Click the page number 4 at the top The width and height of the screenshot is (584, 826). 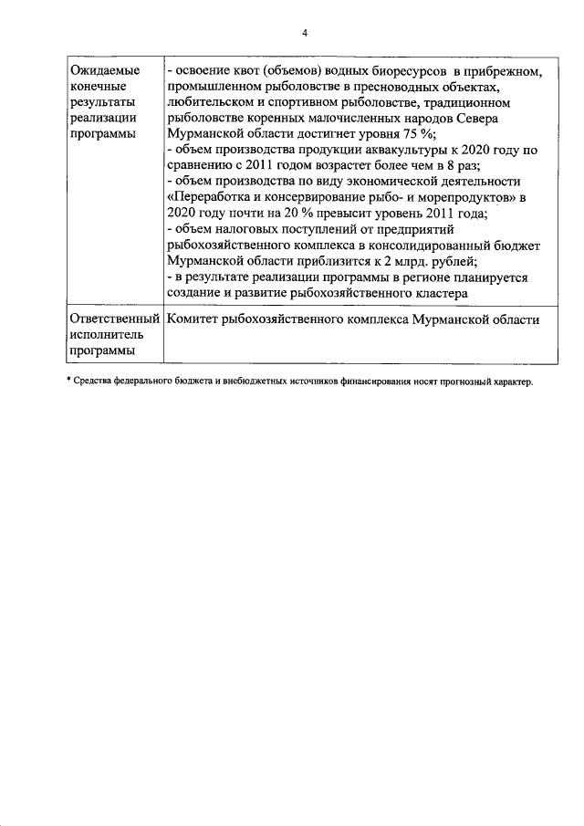[305, 33]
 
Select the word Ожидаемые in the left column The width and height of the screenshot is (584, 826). [100, 70]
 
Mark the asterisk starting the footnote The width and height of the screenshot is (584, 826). [69, 381]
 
